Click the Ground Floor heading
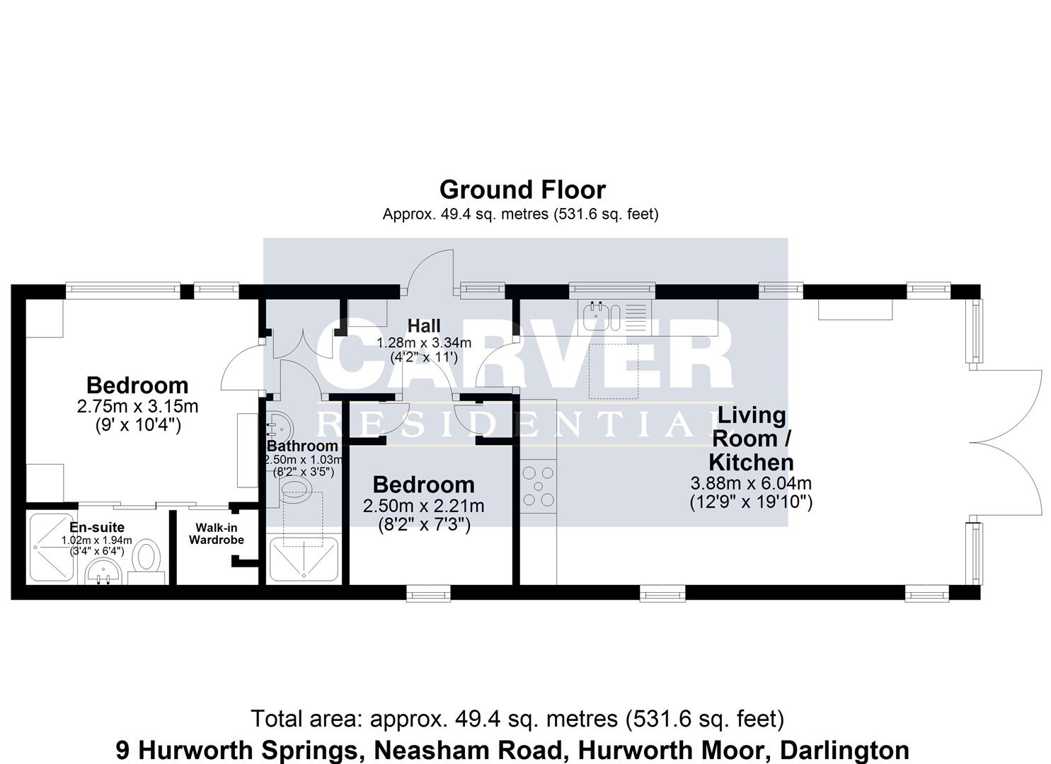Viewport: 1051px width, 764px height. [x=522, y=190]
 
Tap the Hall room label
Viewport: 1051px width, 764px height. [x=424, y=325]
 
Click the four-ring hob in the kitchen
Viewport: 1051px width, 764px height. [x=538, y=487]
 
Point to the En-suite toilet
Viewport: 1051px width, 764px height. [x=147, y=557]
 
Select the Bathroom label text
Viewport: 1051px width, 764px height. [x=302, y=446]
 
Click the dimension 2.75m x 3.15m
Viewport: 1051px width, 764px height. [x=137, y=406]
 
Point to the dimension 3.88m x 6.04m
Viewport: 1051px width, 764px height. [x=750, y=484]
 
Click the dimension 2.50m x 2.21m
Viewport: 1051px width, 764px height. [x=423, y=506]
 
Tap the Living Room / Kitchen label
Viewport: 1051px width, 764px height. [x=751, y=439]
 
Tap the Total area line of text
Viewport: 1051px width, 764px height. [x=517, y=719]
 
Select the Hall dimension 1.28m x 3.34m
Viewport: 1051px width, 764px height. [x=423, y=342]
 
